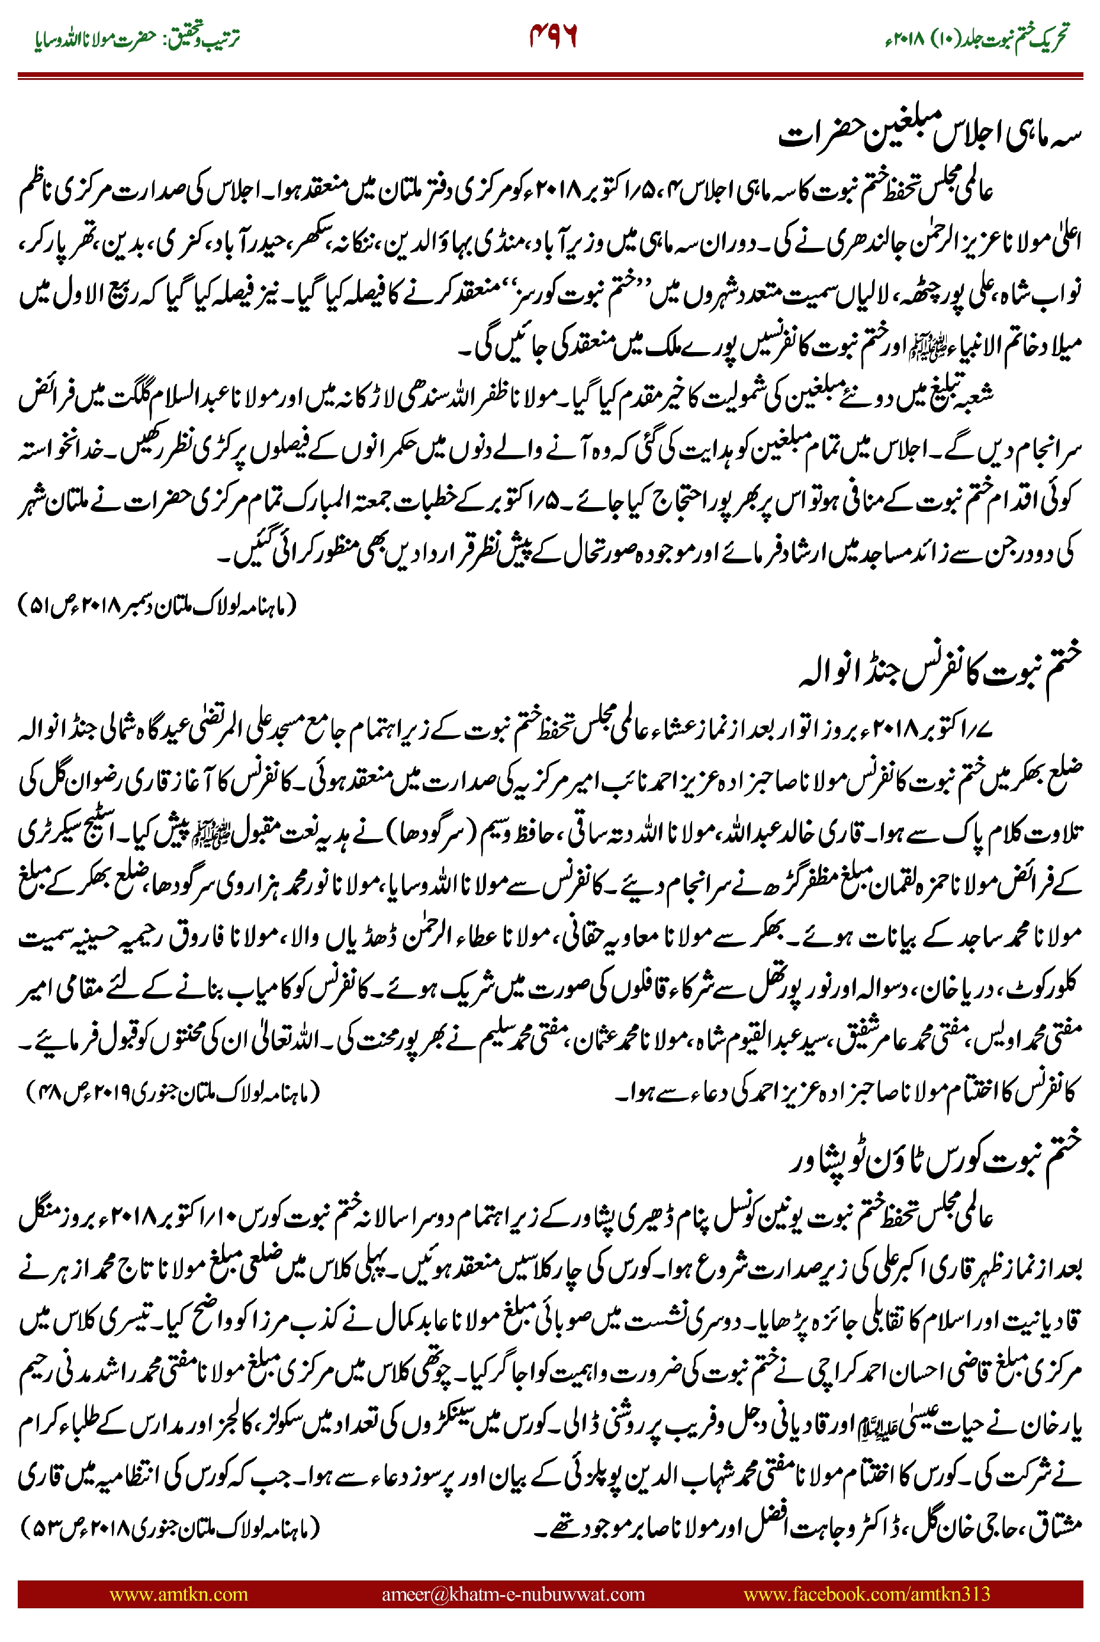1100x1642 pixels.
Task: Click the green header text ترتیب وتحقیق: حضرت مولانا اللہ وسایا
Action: (x=137, y=38)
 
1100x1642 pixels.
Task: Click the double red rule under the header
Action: (x=550, y=76)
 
